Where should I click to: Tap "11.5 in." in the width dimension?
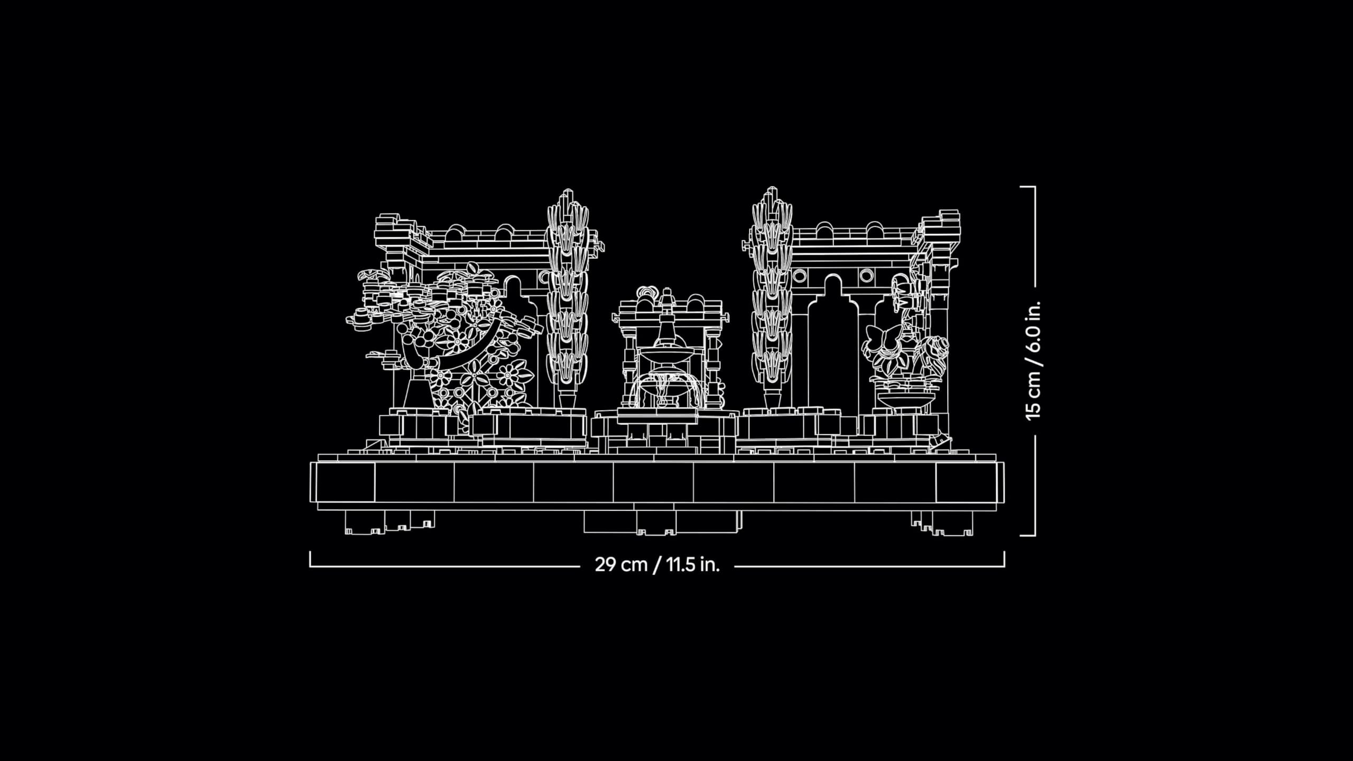[x=693, y=564]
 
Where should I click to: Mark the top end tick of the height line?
[x=1028, y=187]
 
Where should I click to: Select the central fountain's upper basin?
[x=667, y=351]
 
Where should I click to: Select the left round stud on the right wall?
[x=800, y=276]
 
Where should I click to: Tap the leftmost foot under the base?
[x=365, y=523]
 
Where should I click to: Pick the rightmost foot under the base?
[x=951, y=524]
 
